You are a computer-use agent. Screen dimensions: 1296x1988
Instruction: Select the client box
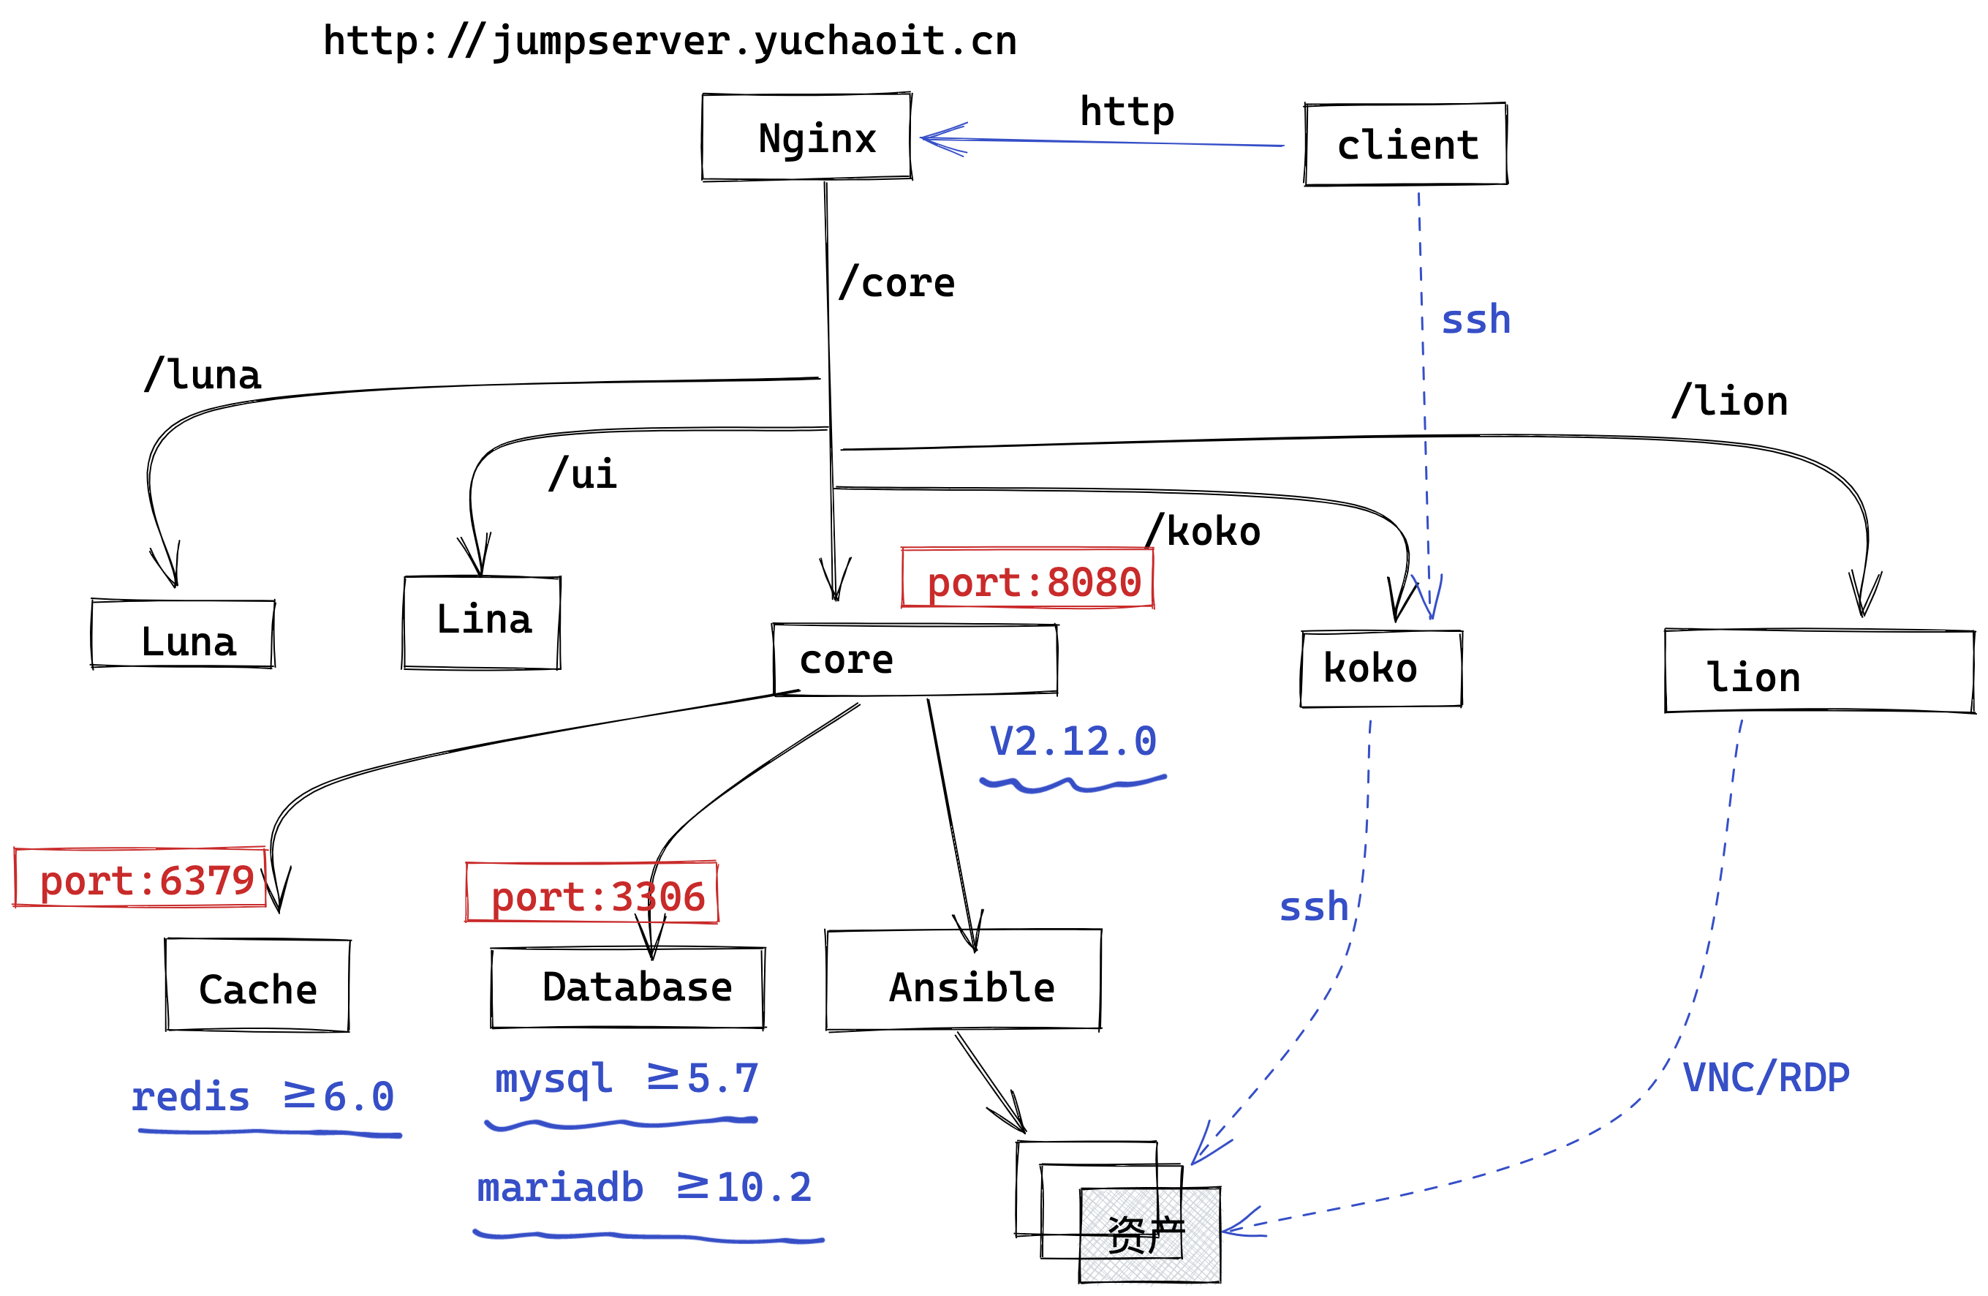point(1406,145)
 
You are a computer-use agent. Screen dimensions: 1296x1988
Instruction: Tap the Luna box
point(183,634)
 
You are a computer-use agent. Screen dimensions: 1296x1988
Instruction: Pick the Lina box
point(482,622)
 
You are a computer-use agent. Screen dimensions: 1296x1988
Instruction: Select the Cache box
point(257,986)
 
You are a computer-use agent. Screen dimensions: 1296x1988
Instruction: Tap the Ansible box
point(963,980)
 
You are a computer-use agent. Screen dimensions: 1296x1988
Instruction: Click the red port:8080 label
point(1028,579)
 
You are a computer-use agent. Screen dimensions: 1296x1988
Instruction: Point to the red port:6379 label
point(140,878)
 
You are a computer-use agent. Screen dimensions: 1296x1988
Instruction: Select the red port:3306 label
point(592,893)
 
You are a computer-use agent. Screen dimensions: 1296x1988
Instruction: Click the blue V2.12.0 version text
point(1073,741)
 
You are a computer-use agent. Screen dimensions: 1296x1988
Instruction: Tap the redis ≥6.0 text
point(262,1096)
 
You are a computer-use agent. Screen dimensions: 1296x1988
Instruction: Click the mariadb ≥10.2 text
point(644,1187)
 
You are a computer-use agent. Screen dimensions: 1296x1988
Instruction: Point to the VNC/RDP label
point(1766,1078)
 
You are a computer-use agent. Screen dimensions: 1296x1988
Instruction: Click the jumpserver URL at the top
point(670,40)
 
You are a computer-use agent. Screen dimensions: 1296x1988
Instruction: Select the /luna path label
point(203,374)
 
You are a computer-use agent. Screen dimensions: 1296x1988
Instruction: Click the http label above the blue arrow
point(1127,111)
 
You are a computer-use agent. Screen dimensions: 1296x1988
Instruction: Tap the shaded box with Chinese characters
point(1149,1236)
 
